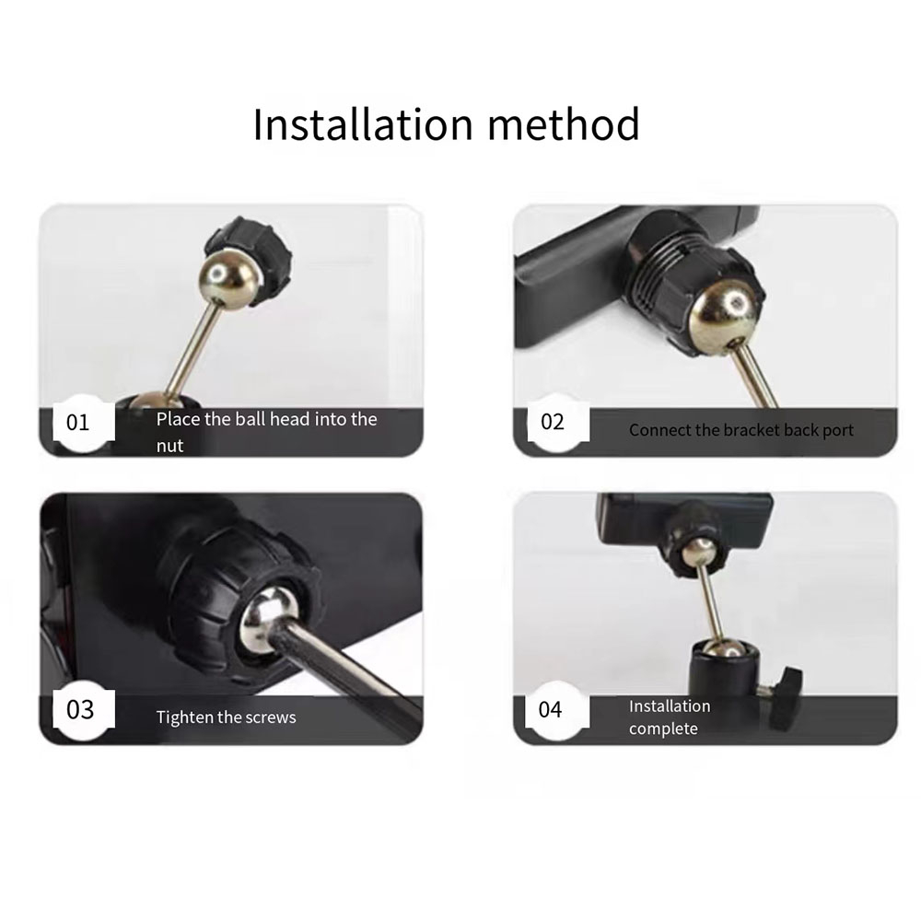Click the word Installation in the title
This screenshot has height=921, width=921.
pyautogui.click(x=363, y=124)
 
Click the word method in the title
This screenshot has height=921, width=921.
pyautogui.click(x=564, y=124)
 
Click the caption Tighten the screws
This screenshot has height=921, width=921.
pyautogui.click(x=227, y=717)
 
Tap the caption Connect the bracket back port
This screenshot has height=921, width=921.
pyautogui.click(x=741, y=430)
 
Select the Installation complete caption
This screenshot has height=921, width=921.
pyautogui.click(x=670, y=717)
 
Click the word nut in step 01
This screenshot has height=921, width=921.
pyautogui.click(x=169, y=446)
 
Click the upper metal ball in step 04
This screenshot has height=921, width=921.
pyautogui.click(x=700, y=552)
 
